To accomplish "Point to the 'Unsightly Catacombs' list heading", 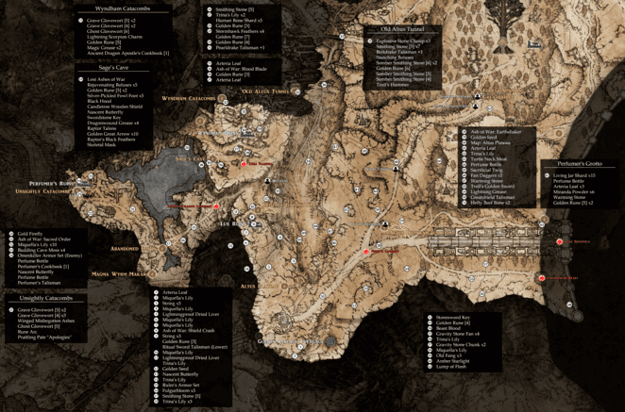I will (45, 298).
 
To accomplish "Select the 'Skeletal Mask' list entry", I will (101, 145).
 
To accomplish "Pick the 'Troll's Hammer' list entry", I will (393, 86).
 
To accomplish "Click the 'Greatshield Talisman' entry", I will (493, 197).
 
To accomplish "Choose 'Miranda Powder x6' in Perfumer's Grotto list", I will (575, 191).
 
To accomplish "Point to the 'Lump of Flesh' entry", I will (450, 366).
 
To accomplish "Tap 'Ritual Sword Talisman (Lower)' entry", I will (194, 347).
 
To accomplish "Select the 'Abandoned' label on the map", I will (124, 249).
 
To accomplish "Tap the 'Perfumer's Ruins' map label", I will (51, 183).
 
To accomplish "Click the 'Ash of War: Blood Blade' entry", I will (241, 69).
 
